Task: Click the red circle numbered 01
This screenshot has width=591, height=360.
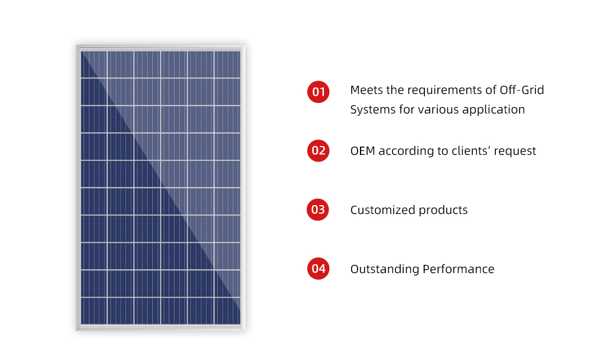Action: [318, 92]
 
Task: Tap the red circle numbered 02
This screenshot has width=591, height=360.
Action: [318, 150]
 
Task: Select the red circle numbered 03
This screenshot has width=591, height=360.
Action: [318, 210]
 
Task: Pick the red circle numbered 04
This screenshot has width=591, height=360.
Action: [318, 268]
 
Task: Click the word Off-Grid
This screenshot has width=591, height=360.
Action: [522, 90]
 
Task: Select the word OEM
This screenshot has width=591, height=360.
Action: [363, 151]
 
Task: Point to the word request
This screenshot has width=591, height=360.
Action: [515, 151]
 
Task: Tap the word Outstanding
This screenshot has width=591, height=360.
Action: [385, 269]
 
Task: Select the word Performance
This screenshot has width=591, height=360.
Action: [459, 269]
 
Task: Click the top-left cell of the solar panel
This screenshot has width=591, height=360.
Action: [94, 64]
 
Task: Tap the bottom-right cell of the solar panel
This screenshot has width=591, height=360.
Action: [228, 311]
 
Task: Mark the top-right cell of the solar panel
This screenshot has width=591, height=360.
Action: [228, 64]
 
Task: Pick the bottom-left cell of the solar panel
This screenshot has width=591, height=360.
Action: [94, 311]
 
